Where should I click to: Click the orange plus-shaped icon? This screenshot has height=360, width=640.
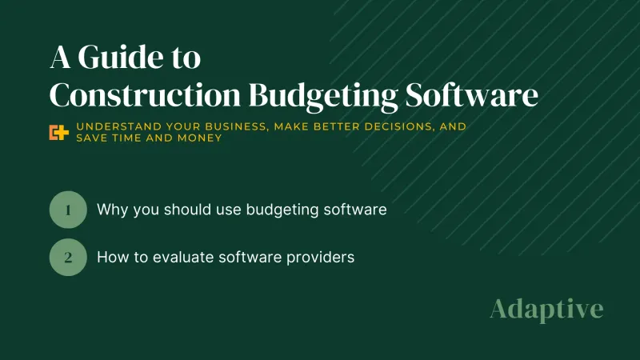point(58,133)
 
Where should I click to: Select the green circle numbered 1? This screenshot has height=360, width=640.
point(68,210)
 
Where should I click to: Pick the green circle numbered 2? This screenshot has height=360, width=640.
point(68,258)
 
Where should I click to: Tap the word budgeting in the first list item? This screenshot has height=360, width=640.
point(278,210)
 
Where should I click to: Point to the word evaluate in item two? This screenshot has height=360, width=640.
point(183,258)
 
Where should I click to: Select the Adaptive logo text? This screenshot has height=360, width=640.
point(546,309)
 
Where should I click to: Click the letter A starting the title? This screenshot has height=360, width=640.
point(62,58)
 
